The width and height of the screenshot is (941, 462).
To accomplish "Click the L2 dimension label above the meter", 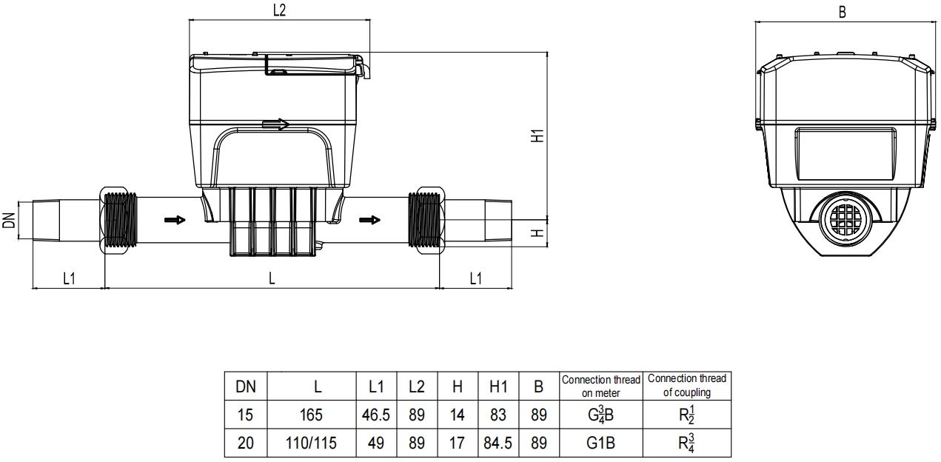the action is point(279,10).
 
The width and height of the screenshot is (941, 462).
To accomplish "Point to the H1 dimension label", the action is point(538,135).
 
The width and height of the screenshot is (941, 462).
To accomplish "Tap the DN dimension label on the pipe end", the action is point(9,221).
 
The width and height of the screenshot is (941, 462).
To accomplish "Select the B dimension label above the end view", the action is point(843,13).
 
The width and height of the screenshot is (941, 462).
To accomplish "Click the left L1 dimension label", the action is point(69,278).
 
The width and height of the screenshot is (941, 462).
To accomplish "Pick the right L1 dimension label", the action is point(475,278).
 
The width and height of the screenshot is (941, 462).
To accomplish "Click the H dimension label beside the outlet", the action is point(538,232).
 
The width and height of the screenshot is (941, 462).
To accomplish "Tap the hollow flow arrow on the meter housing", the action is point(275,124).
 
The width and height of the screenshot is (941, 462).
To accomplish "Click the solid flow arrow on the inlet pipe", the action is point(175,220).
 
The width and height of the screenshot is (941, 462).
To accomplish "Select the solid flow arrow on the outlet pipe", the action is point(369,220).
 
